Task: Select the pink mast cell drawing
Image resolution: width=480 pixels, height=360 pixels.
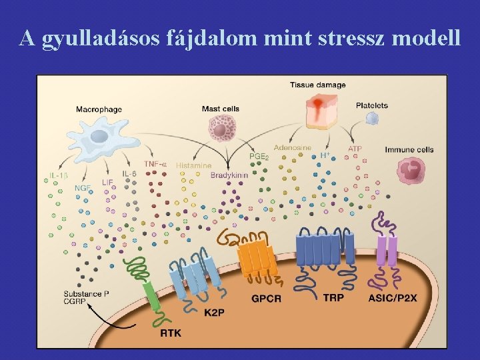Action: click(x=221, y=129)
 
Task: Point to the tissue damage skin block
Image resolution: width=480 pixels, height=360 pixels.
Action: click(x=322, y=110)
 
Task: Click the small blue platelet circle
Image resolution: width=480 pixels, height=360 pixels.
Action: click(x=372, y=119)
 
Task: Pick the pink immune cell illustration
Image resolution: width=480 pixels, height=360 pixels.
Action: click(x=411, y=170)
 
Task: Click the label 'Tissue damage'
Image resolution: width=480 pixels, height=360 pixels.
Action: click(x=317, y=85)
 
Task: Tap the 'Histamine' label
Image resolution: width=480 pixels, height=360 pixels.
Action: click(x=193, y=165)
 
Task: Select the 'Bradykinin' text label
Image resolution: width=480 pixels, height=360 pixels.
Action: click(x=229, y=175)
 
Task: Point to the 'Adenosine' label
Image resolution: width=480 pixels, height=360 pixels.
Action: click(x=292, y=147)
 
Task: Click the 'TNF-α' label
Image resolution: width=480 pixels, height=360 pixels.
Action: click(x=156, y=164)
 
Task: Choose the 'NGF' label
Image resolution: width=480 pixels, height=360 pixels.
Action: click(x=83, y=188)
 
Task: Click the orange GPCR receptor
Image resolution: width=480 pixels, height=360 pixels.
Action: click(x=258, y=257)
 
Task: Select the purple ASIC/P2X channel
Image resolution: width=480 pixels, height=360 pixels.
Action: click(x=387, y=250)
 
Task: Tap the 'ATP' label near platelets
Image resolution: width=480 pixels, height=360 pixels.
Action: click(x=355, y=149)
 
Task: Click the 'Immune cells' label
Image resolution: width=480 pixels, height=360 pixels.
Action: click(x=409, y=149)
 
